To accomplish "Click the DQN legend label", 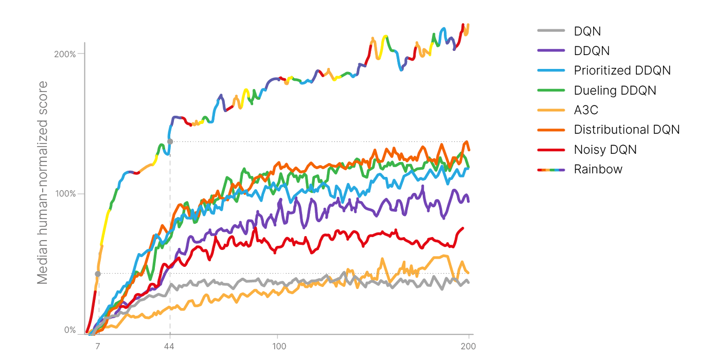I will point(587,31).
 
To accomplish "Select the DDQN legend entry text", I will point(592,51).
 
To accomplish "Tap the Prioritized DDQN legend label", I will point(622,70).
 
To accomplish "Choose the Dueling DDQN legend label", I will point(615,91).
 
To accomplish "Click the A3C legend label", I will point(586,110).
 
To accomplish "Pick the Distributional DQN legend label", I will point(627,130).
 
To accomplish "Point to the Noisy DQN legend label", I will point(605,150).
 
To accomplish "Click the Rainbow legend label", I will point(598,169).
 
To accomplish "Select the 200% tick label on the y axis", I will point(65,54).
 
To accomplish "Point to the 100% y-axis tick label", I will point(65,194).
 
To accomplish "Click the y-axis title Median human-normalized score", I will point(43,183).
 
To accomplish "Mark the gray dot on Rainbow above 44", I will point(170,141).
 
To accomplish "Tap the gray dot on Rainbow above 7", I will point(98,274).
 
